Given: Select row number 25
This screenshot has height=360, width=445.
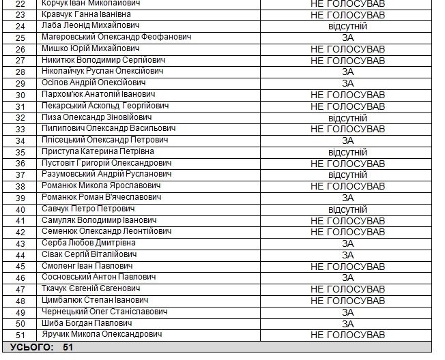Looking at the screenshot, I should (x=20, y=37).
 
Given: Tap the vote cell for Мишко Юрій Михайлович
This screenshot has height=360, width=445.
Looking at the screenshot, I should (x=347, y=48).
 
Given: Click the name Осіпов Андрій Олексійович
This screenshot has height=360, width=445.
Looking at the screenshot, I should (x=94, y=82).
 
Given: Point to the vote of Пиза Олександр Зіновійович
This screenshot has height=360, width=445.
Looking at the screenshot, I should (x=347, y=117).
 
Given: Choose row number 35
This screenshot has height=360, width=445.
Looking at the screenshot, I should (x=20, y=152).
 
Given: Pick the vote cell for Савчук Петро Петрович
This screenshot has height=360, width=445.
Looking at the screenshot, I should (x=347, y=209).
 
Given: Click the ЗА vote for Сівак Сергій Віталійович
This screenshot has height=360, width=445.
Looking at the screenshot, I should (x=347, y=255).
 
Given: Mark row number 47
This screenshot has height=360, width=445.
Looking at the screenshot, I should (x=20, y=289).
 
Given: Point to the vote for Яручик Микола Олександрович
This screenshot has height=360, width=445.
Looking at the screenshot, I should (x=347, y=335).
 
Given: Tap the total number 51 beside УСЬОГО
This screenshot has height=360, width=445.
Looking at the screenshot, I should (x=68, y=347).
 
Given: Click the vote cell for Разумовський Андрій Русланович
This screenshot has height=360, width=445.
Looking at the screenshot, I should (x=347, y=175).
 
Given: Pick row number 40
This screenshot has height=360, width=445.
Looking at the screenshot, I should (x=20, y=209).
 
